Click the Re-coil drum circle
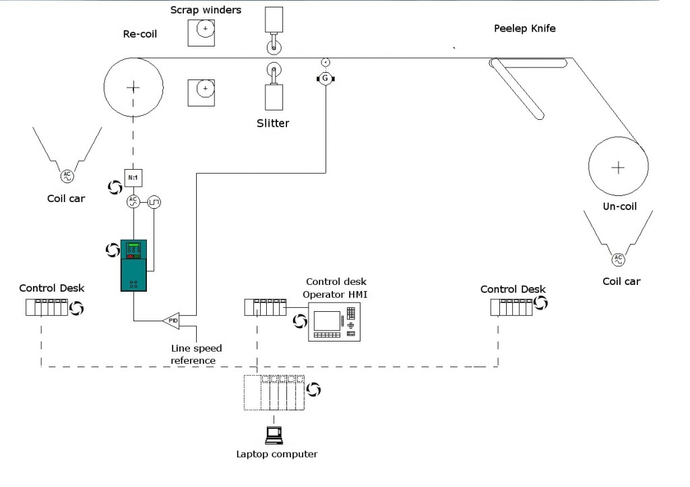click(133, 88)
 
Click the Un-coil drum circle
click(618, 166)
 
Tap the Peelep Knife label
click(524, 28)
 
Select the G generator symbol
click(325, 79)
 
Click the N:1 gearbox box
click(133, 178)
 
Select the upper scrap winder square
click(202, 31)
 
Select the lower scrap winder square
click(202, 91)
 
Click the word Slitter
click(273, 123)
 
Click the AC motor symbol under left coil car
click(67, 176)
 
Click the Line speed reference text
click(195, 354)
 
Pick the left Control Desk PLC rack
click(46, 307)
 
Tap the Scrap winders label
click(206, 9)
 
